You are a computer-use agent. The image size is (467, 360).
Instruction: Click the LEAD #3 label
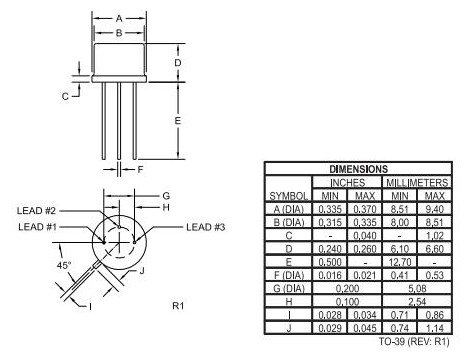[206, 227]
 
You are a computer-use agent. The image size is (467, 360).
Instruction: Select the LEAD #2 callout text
[39, 211]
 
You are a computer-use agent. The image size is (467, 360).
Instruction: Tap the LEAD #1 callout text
[39, 227]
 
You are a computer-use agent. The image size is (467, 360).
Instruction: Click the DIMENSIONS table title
[358, 170]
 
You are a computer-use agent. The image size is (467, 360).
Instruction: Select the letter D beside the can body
[177, 62]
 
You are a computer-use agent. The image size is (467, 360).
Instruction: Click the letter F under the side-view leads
[140, 169]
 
